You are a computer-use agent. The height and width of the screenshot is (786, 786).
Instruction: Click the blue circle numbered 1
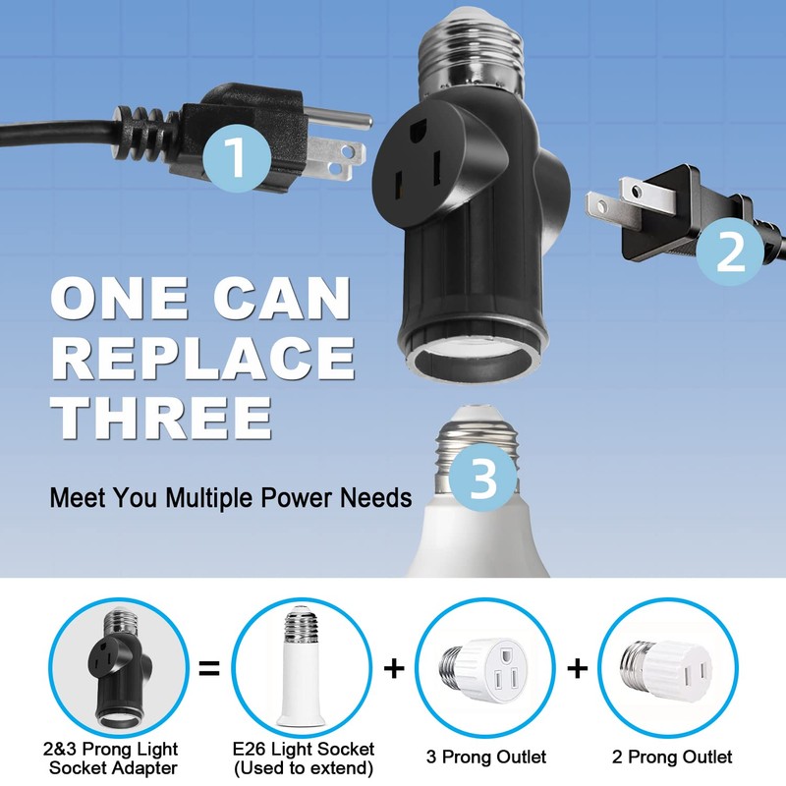(x=236, y=157)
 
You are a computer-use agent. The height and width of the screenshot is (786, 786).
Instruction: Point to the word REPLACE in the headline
(x=203, y=358)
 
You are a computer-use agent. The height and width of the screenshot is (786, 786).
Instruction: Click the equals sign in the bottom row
(x=208, y=670)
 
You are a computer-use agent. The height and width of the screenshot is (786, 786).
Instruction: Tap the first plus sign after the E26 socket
(x=394, y=669)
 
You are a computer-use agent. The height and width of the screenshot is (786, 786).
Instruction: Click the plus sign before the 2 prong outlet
(x=578, y=669)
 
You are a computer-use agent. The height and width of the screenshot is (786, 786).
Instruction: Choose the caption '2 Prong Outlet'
(x=672, y=757)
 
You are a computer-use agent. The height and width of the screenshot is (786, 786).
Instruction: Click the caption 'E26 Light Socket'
(x=302, y=750)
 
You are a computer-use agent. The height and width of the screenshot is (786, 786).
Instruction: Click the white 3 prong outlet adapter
(x=487, y=668)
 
